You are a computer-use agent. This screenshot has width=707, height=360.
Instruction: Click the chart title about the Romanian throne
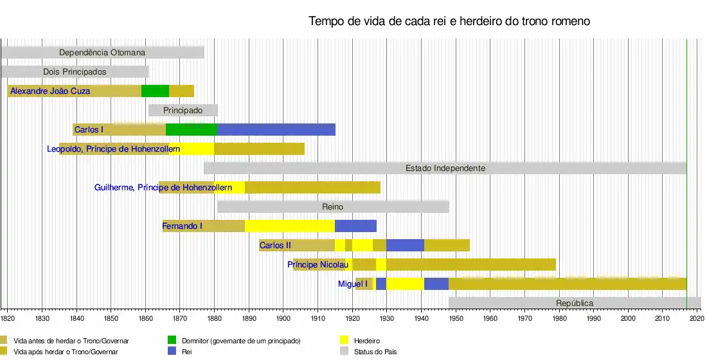coord(449,21)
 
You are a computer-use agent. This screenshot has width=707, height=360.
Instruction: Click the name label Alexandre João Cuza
coord(50,91)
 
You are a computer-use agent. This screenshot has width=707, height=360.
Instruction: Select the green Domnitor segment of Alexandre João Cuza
coord(155,91)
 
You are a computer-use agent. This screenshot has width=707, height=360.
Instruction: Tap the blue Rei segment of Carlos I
coord(276,130)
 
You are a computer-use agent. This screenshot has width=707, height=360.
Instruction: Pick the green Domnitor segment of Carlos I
coord(191,130)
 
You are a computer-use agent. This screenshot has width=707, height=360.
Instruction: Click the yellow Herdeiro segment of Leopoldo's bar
coord(192,149)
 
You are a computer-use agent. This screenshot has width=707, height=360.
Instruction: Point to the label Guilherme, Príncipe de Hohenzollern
coord(169,188)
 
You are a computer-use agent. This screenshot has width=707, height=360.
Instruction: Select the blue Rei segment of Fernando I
coord(355,226)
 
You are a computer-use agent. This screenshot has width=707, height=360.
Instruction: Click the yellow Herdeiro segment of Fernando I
coord(289,226)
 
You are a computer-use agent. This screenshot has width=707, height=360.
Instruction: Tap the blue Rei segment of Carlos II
coord(405,246)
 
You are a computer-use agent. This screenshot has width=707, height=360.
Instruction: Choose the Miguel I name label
coord(353,284)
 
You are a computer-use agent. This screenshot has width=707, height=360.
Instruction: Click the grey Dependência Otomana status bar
coord(102,53)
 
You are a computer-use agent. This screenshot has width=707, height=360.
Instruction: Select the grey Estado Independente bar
coord(445,168)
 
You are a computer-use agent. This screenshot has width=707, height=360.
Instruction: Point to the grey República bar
coord(574,303)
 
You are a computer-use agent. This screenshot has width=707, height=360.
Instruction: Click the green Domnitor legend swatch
coord(172,340)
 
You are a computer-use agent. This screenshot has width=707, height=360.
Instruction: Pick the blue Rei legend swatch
coord(172,352)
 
